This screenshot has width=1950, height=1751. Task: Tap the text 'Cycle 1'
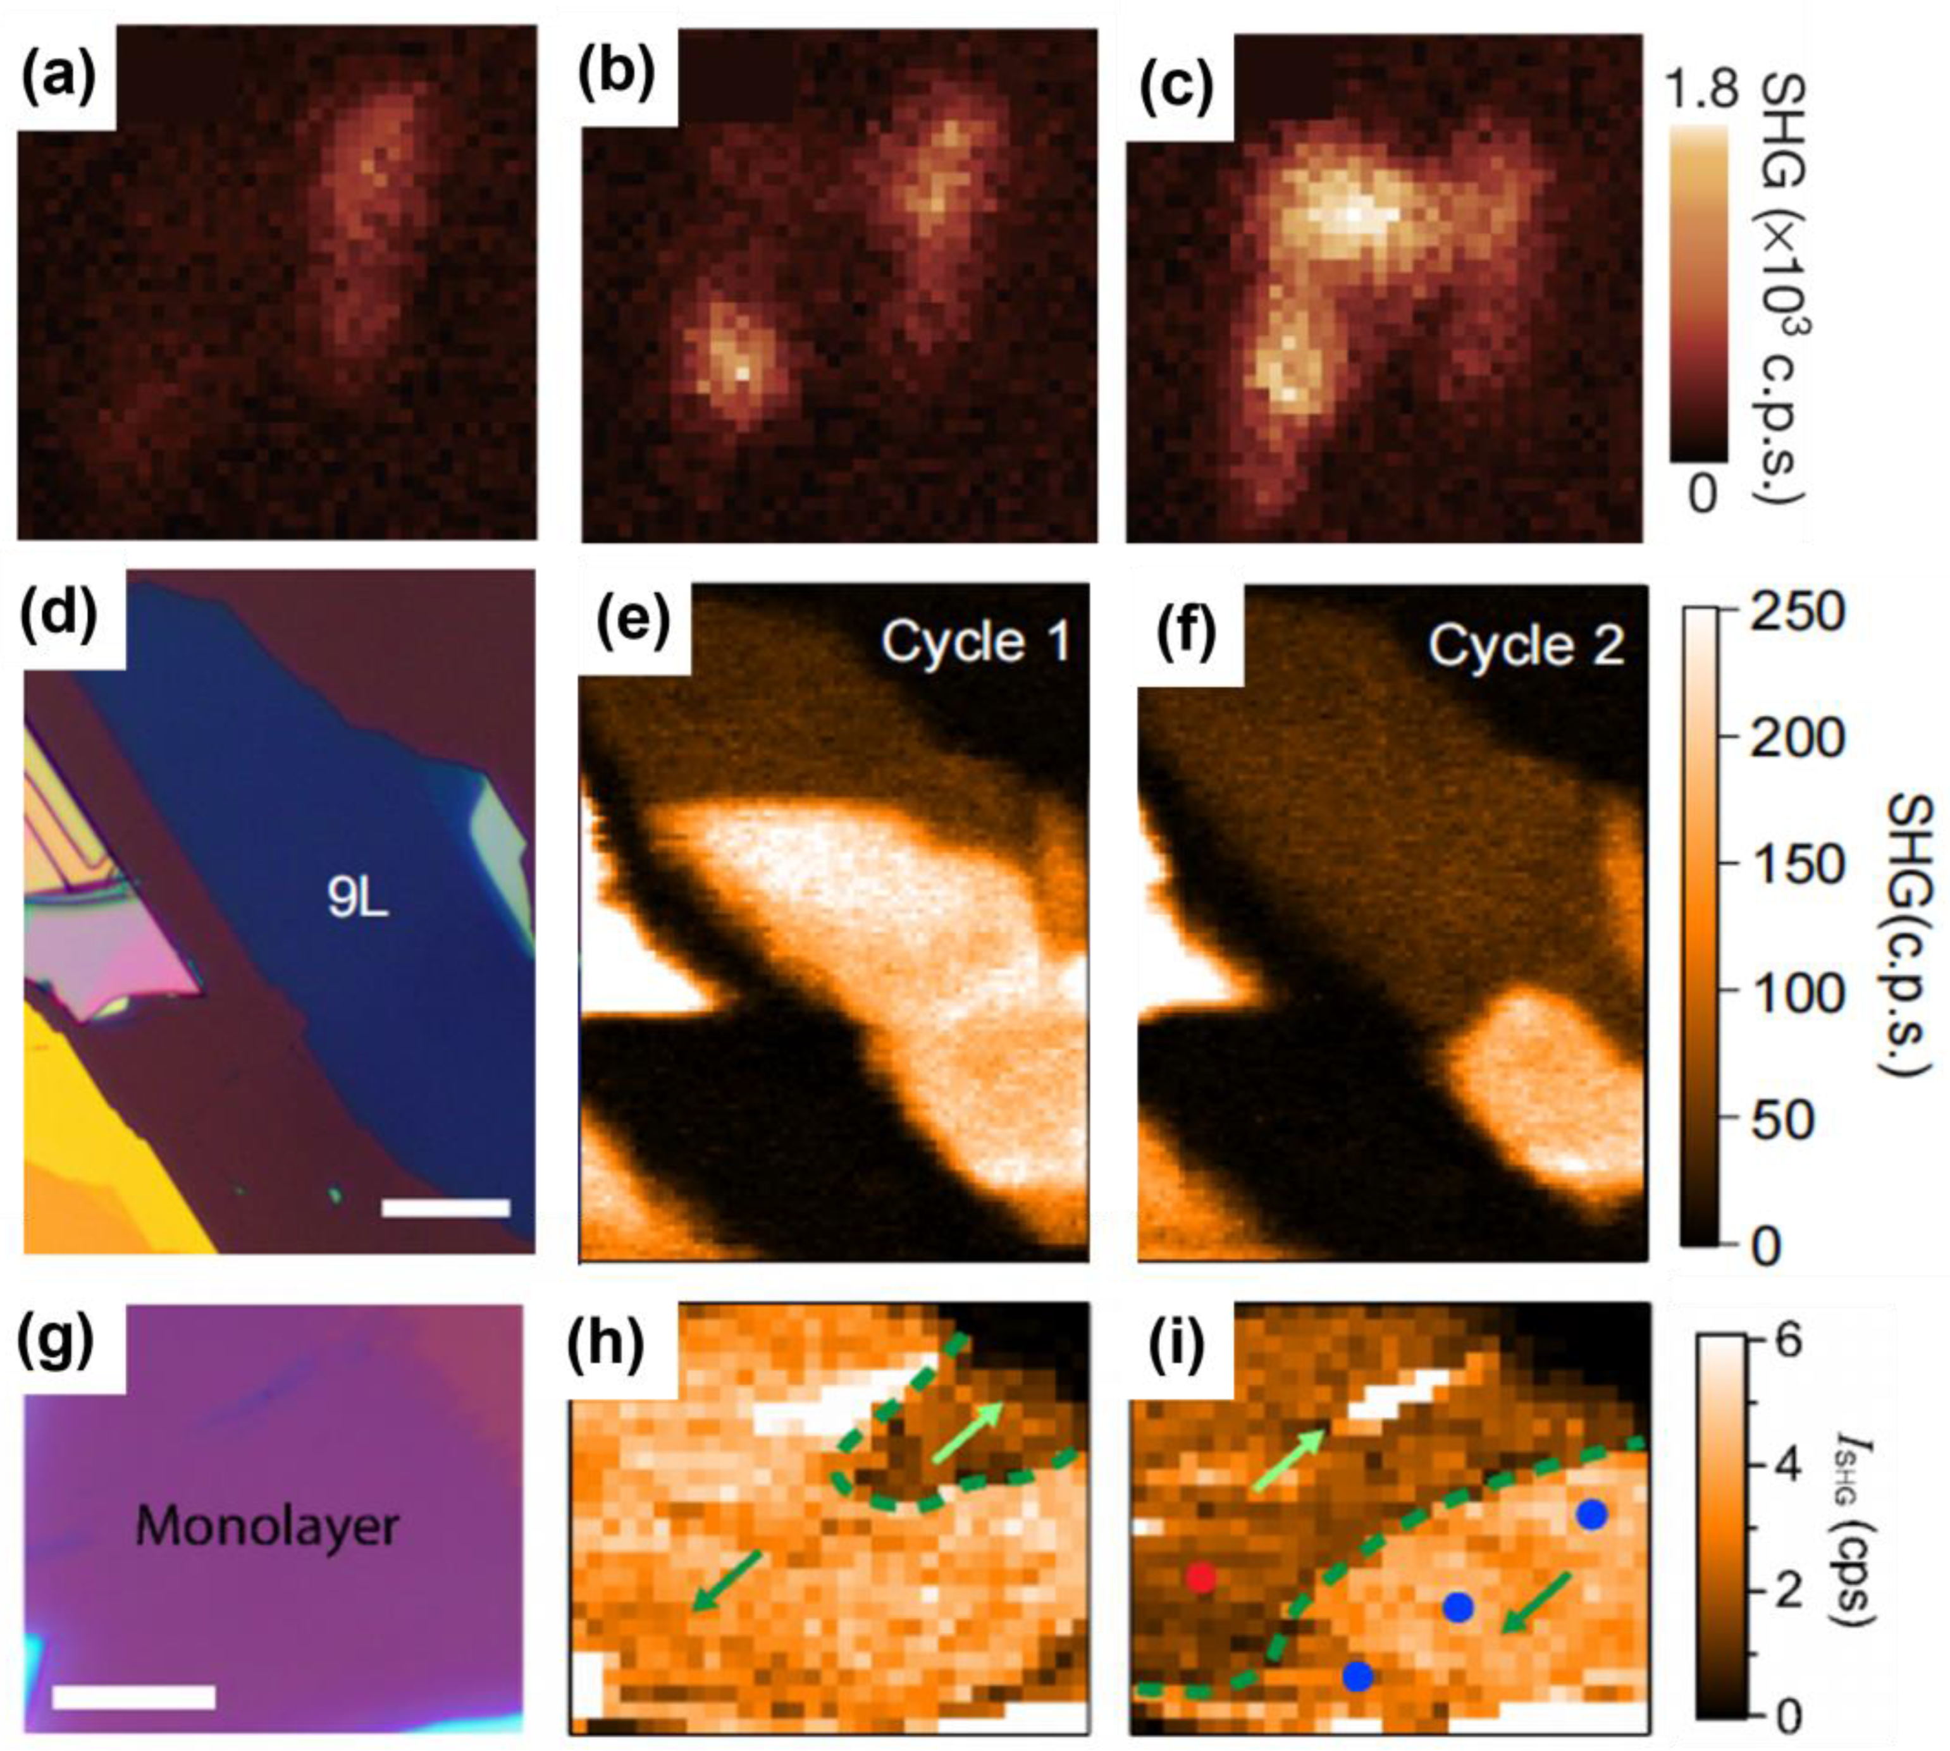tap(975, 642)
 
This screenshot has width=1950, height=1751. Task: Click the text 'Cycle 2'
tap(1526, 644)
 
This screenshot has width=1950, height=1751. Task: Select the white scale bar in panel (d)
tap(446, 1207)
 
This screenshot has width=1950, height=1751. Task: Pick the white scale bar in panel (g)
tap(134, 1696)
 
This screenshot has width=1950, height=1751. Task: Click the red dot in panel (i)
tap(1199, 1577)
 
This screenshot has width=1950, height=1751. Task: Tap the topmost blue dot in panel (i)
tap(1592, 1515)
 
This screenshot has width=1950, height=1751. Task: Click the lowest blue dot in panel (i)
tap(1357, 1676)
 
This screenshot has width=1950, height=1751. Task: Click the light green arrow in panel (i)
tap(1288, 1461)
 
